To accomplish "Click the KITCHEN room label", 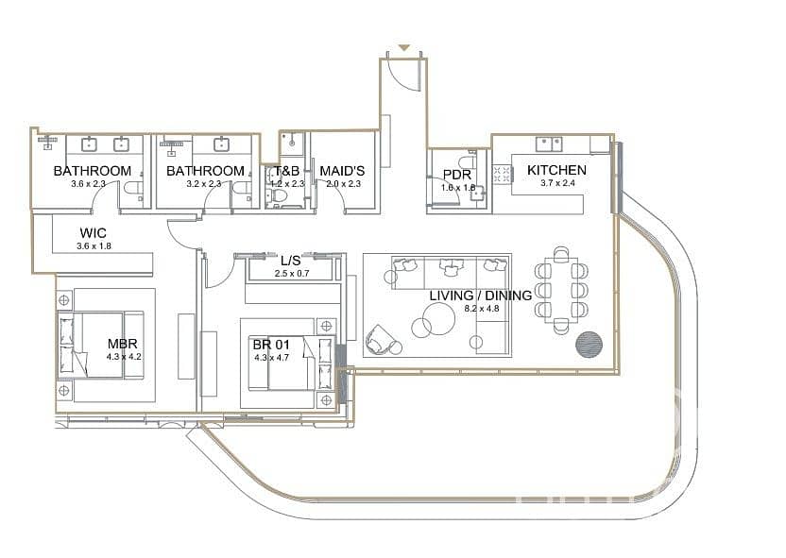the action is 556,170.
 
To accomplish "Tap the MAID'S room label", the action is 342,171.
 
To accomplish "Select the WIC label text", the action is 94,233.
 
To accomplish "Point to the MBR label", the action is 122,344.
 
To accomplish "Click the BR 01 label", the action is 271,345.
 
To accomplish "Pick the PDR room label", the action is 457,175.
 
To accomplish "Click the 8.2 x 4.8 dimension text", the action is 481,309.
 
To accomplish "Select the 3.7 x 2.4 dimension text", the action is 557,183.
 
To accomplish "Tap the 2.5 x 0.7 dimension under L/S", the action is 292,274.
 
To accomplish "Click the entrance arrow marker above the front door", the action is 404,47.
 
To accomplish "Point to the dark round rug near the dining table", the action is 589,345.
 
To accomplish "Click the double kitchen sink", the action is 549,144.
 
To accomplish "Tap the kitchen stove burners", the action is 502,175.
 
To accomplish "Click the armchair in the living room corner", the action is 382,341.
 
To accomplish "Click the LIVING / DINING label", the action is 481,296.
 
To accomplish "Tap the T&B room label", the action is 287,171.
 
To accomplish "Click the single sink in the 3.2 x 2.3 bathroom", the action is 222,144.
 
